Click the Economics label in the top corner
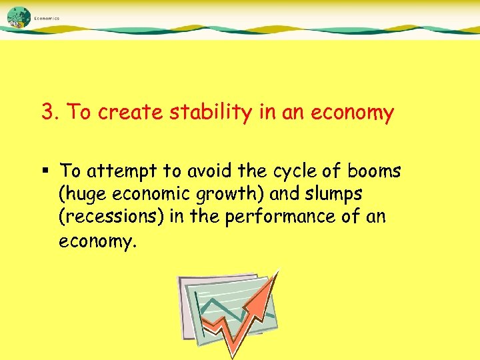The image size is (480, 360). point(47,19)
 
